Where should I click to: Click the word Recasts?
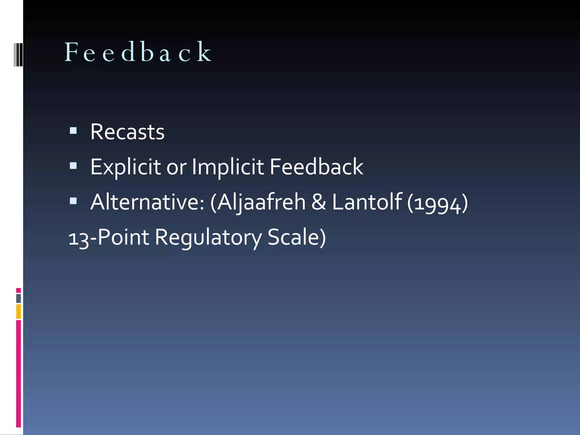pos(127,132)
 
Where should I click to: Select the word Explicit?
pos(125,167)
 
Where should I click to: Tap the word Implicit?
pos(228,167)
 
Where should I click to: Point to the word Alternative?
pos(147,202)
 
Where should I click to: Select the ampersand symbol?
pos(319,202)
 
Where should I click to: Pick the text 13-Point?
pos(109,237)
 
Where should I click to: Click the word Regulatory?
pos(208,238)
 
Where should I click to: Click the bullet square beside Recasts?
pos(73,130)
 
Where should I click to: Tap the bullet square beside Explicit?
pos(73,165)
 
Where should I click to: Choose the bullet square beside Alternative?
pos(73,201)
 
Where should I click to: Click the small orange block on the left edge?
pos(18,311)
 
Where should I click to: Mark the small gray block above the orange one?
pos(18,298)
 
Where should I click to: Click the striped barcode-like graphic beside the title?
pos(18,54)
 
